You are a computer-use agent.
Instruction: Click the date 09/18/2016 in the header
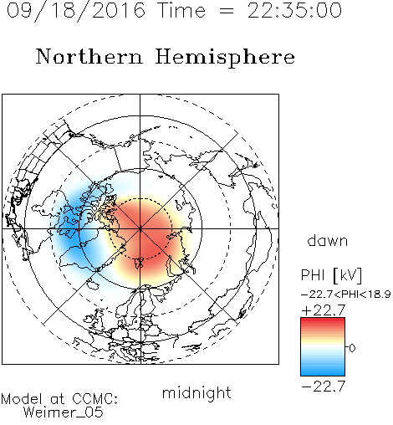coord(76,11)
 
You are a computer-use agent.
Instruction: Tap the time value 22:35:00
coord(294,10)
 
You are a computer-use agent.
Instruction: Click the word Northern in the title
coord(89,56)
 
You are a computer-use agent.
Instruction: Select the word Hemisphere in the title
coord(225,58)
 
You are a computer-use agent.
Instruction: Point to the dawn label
coord(328,240)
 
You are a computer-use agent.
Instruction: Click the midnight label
coord(196,393)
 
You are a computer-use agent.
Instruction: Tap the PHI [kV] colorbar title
coord(331,275)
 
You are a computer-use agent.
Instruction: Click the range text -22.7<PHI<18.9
coord(346,294)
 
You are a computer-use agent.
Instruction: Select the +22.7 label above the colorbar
coord(324,310)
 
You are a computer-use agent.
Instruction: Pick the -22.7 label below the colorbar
coord(324,387)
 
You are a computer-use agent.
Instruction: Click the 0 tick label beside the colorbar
coord(352,348)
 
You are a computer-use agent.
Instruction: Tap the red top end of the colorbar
coord(323,320)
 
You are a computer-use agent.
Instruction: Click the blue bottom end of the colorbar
coord(323,373)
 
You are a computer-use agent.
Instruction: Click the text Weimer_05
coord(64,412)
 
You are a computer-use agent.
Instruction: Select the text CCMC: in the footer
coord(95,399)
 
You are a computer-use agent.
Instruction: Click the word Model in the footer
coord(22,399)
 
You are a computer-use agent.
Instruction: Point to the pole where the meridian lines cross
coord(140,228)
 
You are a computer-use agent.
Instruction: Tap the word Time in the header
coord(181,10)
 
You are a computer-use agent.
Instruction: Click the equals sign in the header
coord(227,11)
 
